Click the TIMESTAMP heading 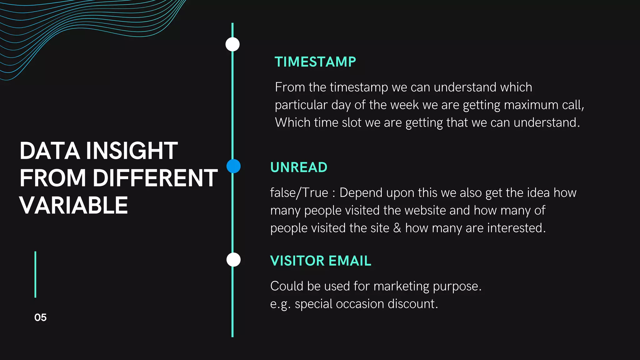tap(315, 62)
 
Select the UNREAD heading tap(299, 167)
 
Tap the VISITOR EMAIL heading tap(321, 261)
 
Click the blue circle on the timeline tap(233, 166)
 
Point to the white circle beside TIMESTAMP tap(232, 44)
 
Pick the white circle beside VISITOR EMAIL tap(233, 260)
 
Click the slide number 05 tap(40, 317)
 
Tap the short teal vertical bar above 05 tap(35, 274)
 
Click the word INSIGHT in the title tap(132, 151)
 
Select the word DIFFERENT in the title tap(155, 178)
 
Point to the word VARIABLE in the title tap(74, 206)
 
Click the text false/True tap(299, 193)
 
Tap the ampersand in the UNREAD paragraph tap(397, 228)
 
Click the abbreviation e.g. tap(280, 304)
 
